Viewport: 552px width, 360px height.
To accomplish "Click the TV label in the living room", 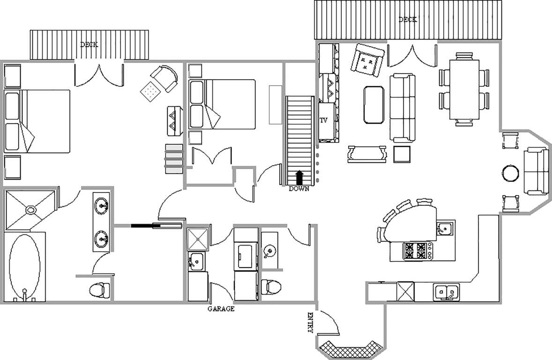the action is click(323, 120).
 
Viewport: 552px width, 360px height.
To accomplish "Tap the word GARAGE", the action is click(221, 309).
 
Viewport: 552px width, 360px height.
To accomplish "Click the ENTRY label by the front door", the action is click(310, 322).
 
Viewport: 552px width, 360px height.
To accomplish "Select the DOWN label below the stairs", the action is click(299, 189).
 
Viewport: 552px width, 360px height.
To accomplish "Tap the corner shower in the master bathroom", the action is click(30, 210).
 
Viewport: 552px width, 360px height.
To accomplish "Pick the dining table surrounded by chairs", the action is click(464, 90).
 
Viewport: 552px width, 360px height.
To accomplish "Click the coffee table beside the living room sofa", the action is click(374, 105).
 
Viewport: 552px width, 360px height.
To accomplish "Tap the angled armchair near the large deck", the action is click(367, 60).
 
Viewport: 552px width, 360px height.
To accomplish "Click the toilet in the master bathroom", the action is click(98, 290).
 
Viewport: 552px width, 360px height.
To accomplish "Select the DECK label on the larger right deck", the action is click(408, 19).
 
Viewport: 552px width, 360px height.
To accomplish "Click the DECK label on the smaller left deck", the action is click(89, 45).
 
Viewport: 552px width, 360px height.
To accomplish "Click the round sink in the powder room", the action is click(269, 251).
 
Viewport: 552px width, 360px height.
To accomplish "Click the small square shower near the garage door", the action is click(198, 239).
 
